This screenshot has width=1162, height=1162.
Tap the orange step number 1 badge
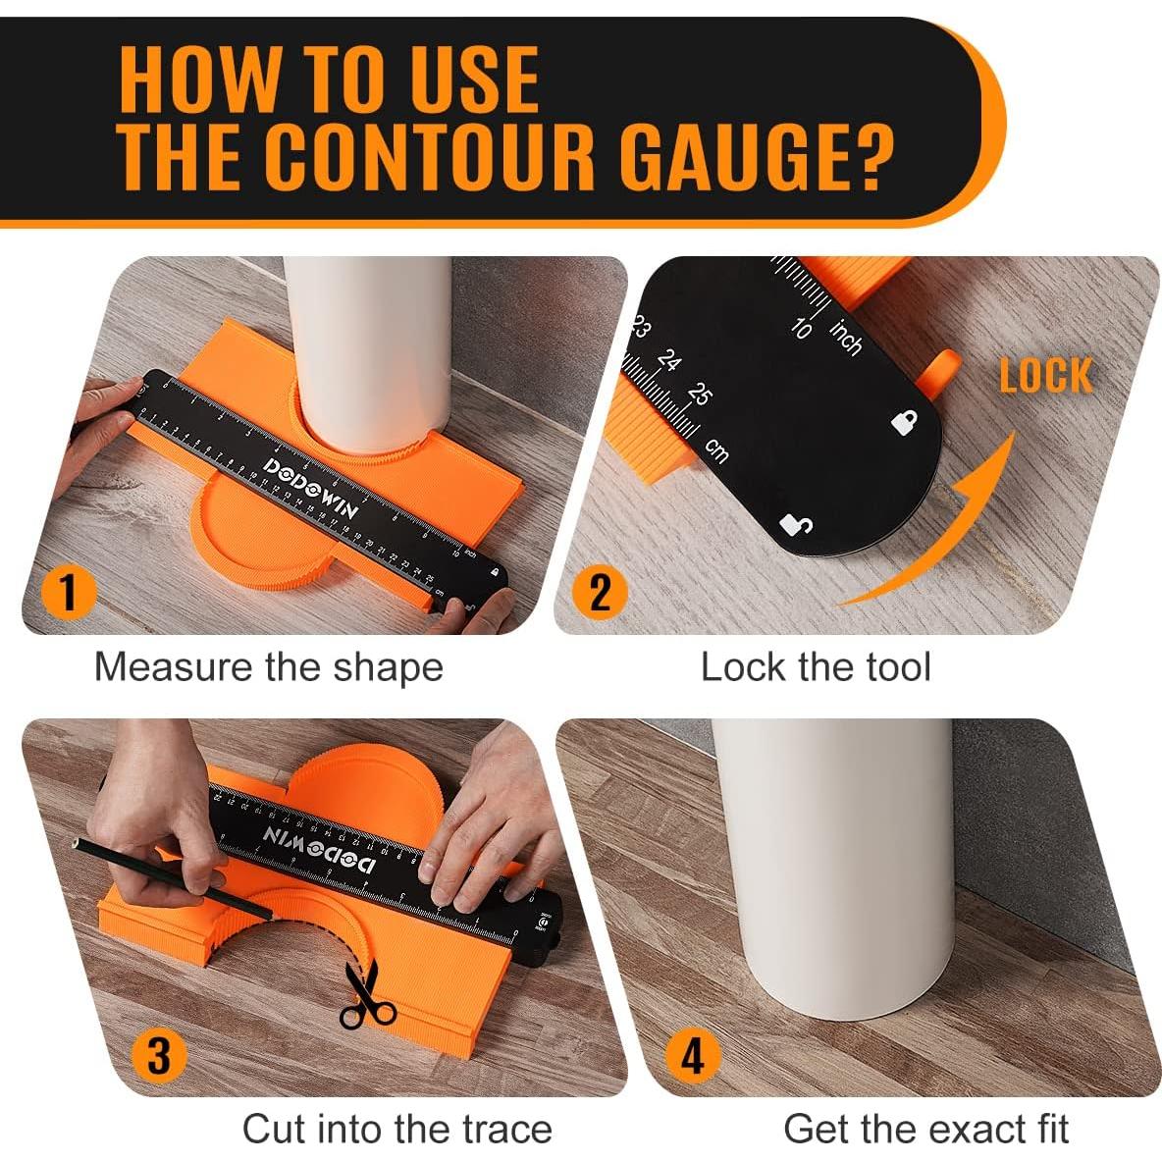coord(68,592)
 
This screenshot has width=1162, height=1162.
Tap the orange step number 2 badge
coord(599,592)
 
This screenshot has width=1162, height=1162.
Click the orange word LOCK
coord(1045,376)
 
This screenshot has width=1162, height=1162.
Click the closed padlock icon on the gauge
coord(904,423)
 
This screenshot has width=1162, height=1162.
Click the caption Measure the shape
coord(268,667)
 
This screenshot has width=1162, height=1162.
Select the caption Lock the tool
coord(815,667)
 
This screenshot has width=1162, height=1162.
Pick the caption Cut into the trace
coord(396,1129)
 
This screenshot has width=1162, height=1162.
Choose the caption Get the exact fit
coord(925,1129)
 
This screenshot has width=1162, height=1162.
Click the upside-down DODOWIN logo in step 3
coord(318,848)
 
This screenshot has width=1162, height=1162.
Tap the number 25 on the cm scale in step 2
coord(699,395)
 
